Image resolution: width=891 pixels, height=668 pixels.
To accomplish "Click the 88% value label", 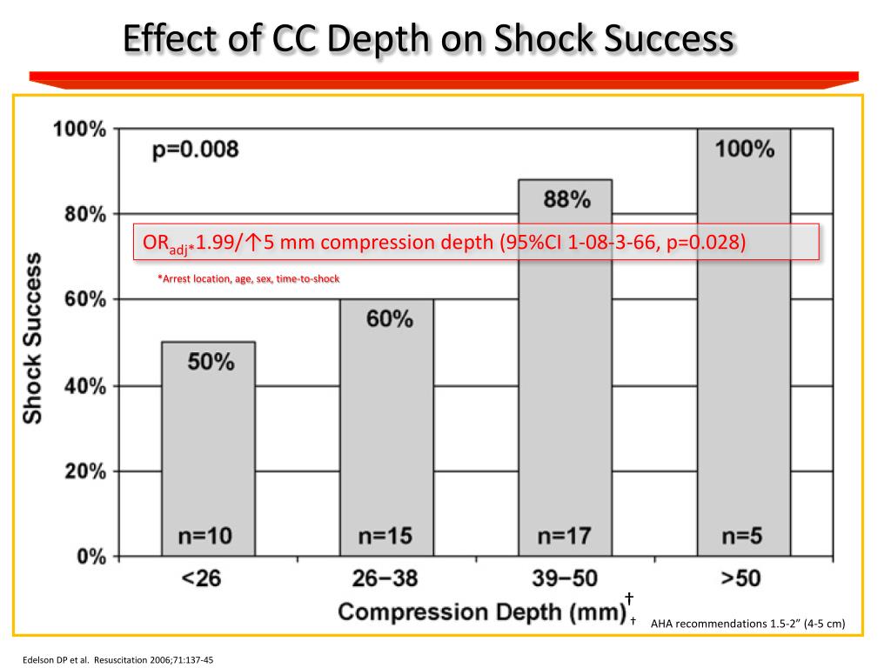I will point(566,200).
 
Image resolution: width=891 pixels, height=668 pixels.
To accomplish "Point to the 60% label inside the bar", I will point(388,319).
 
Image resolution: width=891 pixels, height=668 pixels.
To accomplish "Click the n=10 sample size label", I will point(207,535).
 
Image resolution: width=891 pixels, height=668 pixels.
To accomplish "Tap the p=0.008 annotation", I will point(196,150).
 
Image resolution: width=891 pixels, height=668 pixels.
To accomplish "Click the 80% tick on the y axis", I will point(80,214).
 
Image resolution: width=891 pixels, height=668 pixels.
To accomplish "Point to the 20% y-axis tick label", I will point(80,471).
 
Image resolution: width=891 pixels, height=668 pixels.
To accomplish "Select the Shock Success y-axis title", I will point(32,338).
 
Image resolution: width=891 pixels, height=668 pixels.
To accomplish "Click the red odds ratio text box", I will point(476,242).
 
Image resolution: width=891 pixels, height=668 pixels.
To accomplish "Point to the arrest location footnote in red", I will point(248,279).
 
